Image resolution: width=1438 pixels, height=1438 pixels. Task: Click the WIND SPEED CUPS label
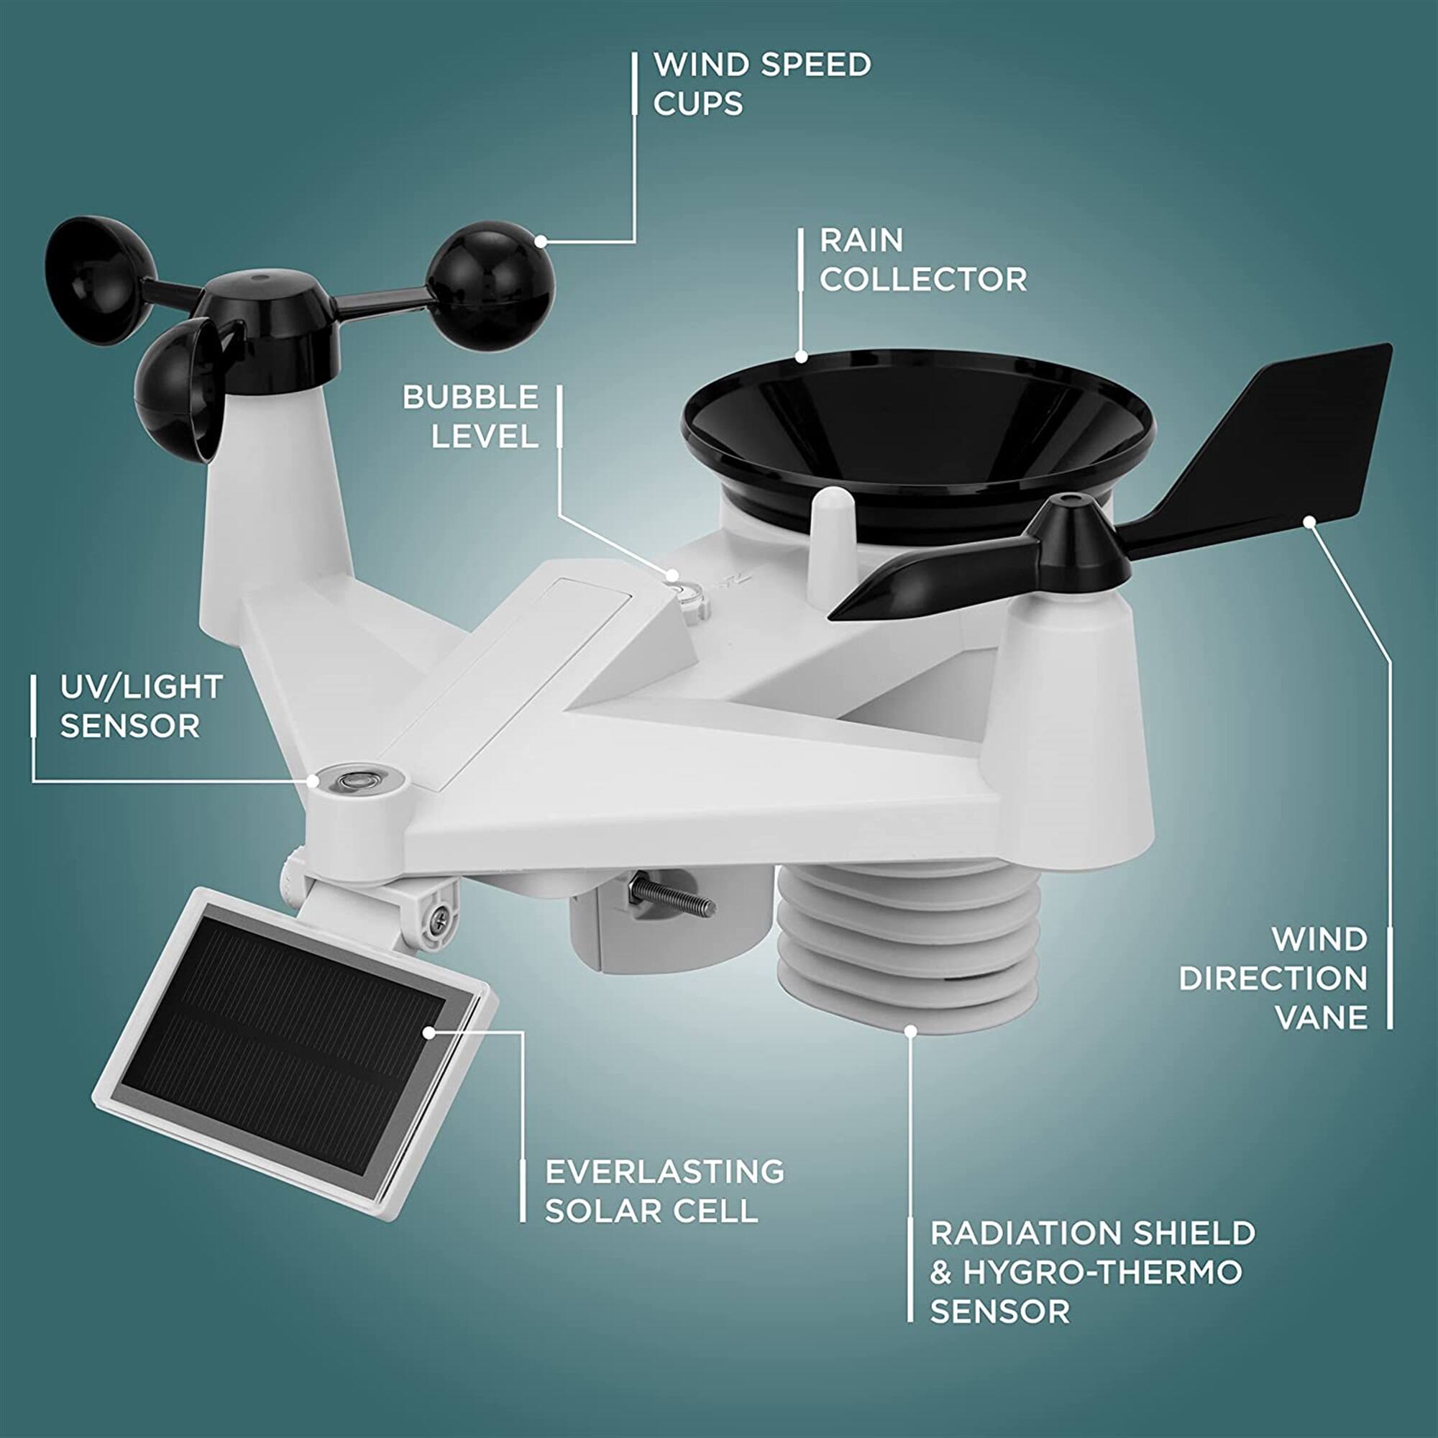point(761,83)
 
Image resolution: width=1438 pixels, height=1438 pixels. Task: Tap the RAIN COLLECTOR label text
point(923,260)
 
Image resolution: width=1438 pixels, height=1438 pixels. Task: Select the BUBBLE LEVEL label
point(470,416)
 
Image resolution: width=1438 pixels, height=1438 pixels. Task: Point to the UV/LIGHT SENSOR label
point(141,705)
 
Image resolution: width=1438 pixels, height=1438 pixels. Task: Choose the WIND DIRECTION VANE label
point(1273,977)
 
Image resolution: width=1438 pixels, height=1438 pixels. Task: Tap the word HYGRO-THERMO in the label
point(1102,1272)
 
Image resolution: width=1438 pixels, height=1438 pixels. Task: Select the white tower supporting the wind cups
point(275,506)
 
